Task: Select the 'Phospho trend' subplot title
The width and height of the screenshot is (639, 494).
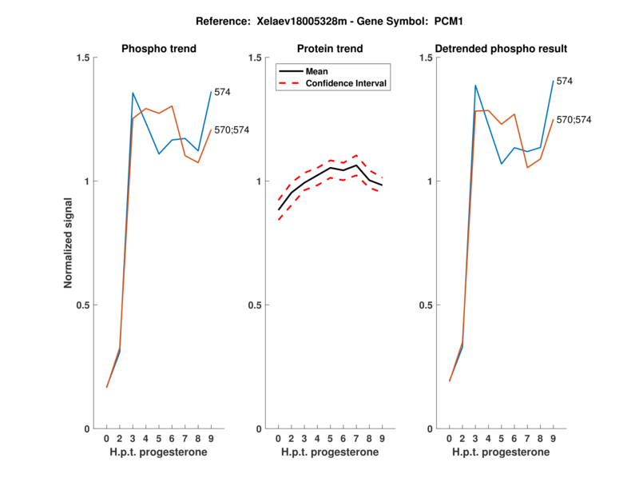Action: pos(159,49)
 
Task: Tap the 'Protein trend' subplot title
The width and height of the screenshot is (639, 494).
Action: pos(331,49)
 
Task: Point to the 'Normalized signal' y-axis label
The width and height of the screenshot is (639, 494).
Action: pos(69,243)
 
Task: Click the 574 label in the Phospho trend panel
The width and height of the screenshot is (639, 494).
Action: pos(222,92)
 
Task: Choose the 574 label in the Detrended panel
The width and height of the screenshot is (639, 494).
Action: pos(565,81)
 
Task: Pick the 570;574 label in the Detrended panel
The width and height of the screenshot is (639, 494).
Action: pos(575,119)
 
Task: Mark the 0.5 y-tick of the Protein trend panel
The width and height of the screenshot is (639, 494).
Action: pos(256,305)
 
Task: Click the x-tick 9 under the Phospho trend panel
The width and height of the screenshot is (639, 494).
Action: pos(211,439)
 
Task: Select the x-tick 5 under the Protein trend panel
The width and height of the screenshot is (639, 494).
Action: pos(331,439)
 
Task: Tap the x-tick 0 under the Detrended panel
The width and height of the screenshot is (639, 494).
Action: pos(450,439)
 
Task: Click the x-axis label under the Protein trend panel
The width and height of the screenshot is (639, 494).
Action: pos(331,453)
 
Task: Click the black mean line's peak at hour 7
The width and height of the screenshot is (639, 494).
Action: pos(356,165)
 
